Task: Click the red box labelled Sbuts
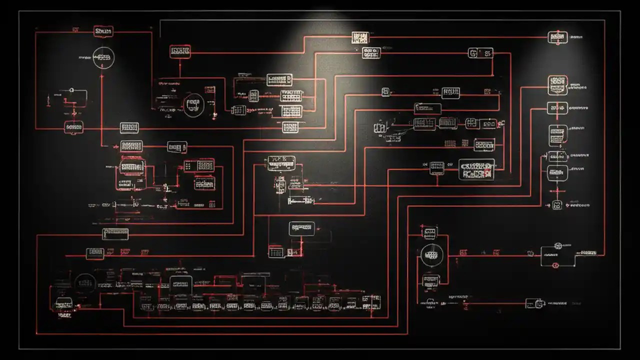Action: (x=103, y=31)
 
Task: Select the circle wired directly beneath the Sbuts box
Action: (x=103, y=57)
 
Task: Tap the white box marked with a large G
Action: (x=480, y=52)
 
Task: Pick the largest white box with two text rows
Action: (x=476, y=169)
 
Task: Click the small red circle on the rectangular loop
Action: (x=555, y=265)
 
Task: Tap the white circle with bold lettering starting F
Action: (x=193, y=105)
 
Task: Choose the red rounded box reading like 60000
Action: (x=74, y=128)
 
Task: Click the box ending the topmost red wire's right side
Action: (x=557, y=37)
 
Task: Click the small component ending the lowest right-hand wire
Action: (x=534, y=303)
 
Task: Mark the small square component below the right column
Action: (x=556, y=204)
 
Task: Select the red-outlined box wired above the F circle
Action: (x=179, y=51)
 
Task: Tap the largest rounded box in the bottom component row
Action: (x=180, y=284)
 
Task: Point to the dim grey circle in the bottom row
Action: (x=85, y=283)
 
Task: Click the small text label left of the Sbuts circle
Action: (x=85, y=58)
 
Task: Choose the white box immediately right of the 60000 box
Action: (x=129, y=128)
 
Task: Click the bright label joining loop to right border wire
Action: (x=586, y=253)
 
